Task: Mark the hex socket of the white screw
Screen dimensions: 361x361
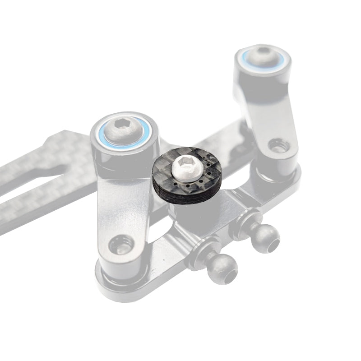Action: (185, 162)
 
